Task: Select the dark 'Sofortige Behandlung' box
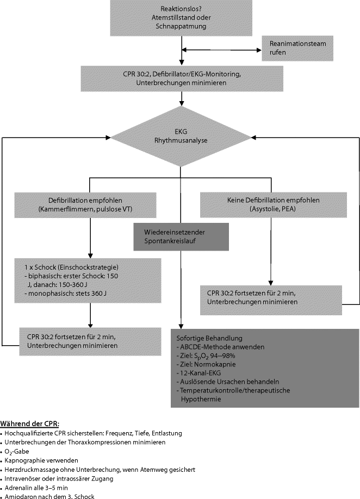click(264, 367)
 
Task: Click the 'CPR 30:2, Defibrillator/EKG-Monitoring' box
click(180, 78)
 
